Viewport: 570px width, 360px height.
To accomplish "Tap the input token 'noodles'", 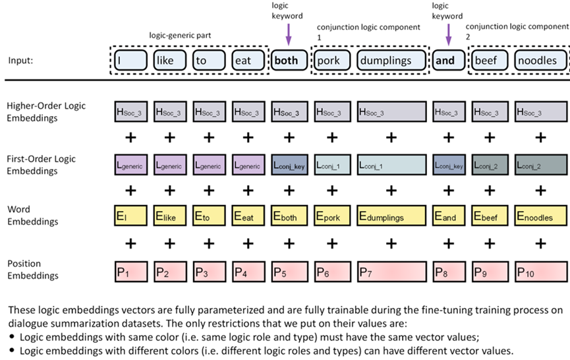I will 540,61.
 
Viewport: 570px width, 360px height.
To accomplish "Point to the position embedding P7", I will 391,271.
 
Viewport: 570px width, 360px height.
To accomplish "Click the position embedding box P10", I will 540,271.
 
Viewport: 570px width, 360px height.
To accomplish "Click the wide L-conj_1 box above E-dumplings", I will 391,166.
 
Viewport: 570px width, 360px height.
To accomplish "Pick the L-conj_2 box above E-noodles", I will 540,166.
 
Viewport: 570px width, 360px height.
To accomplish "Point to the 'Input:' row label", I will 20,61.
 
